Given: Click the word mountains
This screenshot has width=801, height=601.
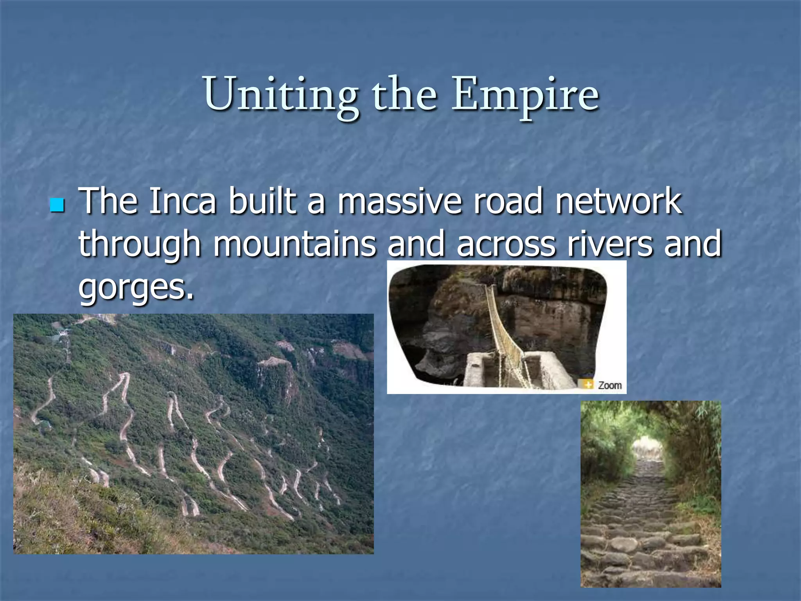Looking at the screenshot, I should (294, 244).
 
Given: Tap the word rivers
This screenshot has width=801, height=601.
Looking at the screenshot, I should (610, 244).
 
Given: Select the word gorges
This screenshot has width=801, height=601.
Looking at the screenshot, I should (136, 286).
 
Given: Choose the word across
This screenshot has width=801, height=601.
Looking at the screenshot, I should (506, 244).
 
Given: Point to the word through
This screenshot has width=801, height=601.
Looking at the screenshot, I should (140, 244).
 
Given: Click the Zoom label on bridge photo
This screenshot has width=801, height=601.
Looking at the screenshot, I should (610, 385).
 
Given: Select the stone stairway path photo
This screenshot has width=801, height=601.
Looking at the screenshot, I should (650, 494).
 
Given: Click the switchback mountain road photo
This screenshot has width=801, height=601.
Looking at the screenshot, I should (194, 434).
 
